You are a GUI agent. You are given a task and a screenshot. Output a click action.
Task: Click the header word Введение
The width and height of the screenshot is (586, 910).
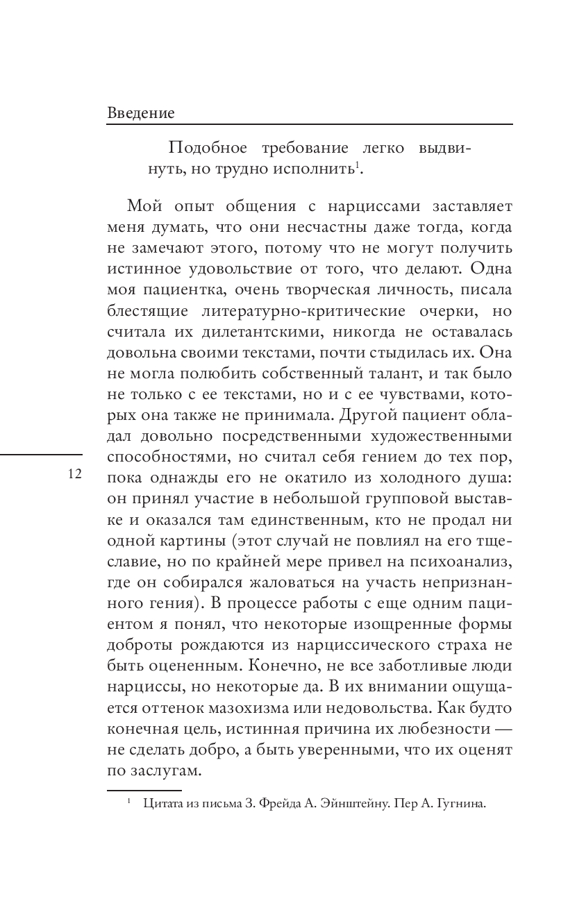(141, 112)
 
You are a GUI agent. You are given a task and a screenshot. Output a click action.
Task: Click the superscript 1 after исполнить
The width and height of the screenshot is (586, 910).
(357, 165)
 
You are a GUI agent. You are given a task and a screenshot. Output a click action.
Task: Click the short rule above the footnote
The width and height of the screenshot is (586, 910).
(144, 789)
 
